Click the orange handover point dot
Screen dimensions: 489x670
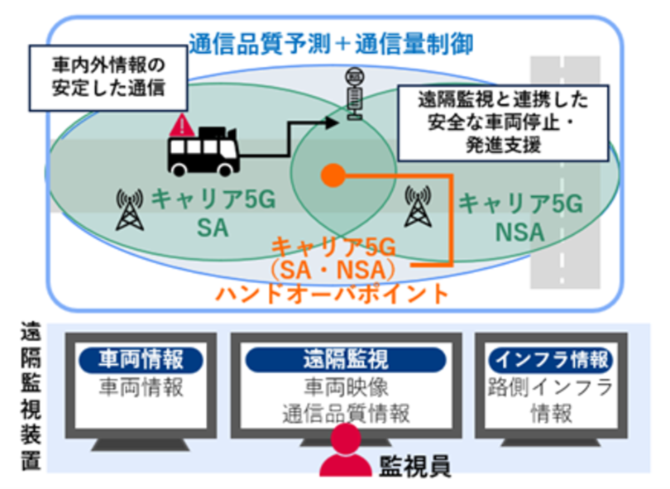coord(333,175)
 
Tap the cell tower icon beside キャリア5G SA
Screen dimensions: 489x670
coord(127,210)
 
